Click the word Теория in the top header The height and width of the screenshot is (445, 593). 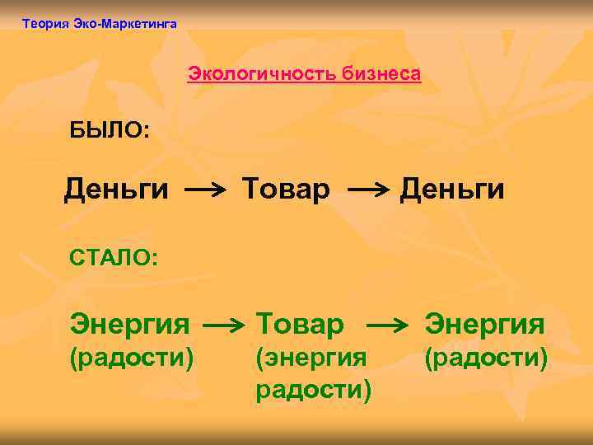45,24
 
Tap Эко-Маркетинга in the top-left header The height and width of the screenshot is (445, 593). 124,24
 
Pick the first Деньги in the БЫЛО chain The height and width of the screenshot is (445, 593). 116,190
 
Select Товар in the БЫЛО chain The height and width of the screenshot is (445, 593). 286,190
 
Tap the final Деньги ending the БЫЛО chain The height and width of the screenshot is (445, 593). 452,190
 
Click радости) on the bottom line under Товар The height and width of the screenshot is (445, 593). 314,388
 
